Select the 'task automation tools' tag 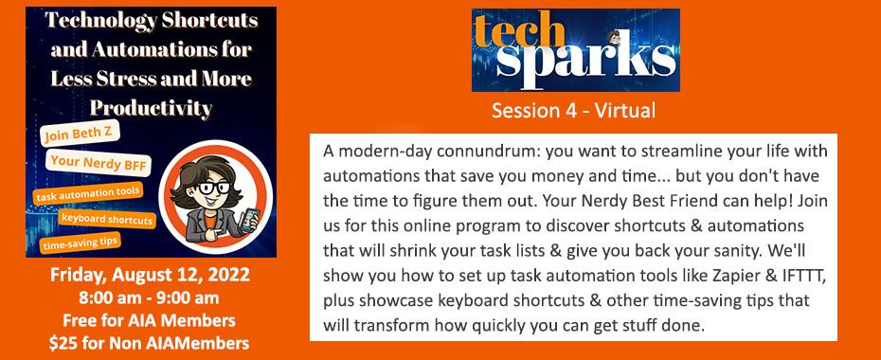click(87, 194)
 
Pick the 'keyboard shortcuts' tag click(107, 219)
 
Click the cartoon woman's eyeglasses click(213, 187)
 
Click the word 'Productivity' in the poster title click(152, 107)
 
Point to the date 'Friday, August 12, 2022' click(150, 275)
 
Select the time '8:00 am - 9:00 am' click(150, 297)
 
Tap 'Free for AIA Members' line click(149, 320)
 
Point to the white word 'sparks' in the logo click(585, 61)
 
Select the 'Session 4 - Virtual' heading click(574, 110)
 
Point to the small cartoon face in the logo click(613, 38)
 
